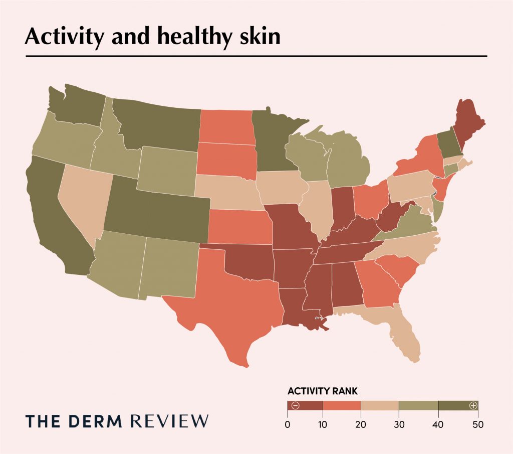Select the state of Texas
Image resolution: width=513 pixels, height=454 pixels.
pos(235,301)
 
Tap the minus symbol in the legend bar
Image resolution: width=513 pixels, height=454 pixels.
pos(295,405)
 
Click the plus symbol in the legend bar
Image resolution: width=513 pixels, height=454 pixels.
pos(472,405)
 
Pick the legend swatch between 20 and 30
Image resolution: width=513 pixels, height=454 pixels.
pos(380,405)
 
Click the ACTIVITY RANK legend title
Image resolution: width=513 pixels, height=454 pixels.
pos(322,391)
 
